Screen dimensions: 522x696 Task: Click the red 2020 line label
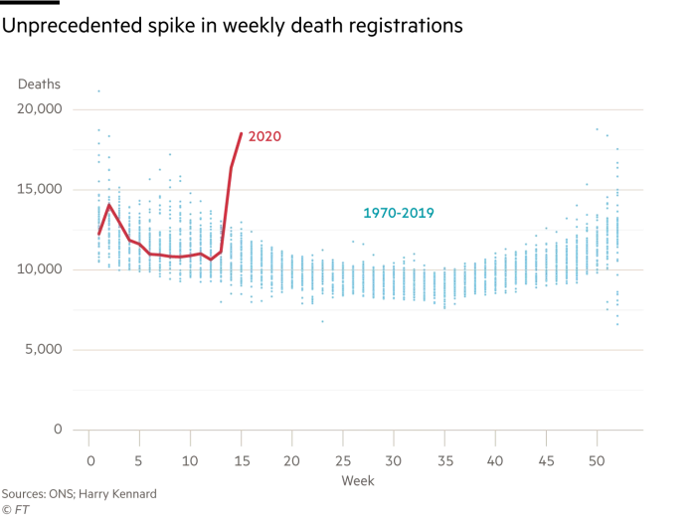pyautogui.click(x=264, y=136)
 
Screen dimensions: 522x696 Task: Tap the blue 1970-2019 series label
pyautogui.click(x=398, y=213)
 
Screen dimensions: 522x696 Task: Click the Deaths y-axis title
pyautogui.click(x=39, y=85)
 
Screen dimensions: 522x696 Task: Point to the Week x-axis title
pyautogui.click(x=357, y=481)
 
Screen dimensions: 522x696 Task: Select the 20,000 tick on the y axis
pyautogui.click(x=40, y=109)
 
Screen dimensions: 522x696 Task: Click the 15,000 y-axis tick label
pyautogui.click(x=40, y=190)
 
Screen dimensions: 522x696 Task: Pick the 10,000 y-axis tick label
pyautogui.click(x=40, y=269)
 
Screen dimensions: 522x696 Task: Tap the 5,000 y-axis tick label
pyautogui.click(x=43, y=350)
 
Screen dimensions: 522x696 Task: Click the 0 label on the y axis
pyautogui.click(x=57, y=431)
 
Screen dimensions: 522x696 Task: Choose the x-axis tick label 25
pyautogui.click(x=341, y=462)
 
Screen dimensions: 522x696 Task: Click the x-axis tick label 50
pyautogui.click(x=596, y=462)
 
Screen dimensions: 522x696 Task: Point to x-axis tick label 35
pyautogui.click(x=443, y=462)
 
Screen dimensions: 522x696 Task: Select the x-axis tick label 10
pyautogui.click(x=189, y=462)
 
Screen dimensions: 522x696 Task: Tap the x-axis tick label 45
pyautogui.click(x=545, y=462)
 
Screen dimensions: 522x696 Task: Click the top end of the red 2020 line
pyautogui.click(x=241, y=132)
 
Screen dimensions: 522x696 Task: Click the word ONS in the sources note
pyautogui.click(x=55, y=494)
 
